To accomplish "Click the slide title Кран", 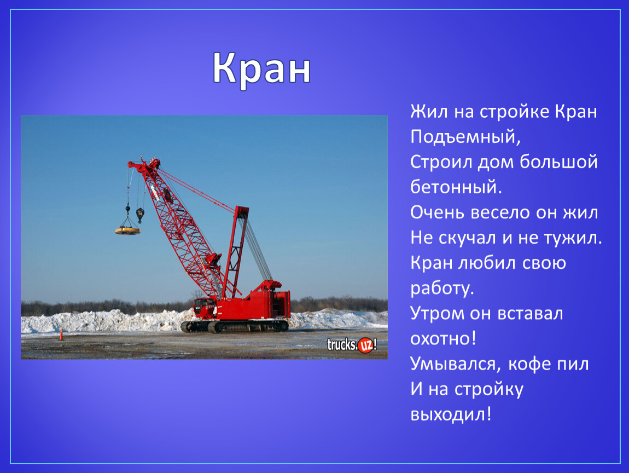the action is click(261, 69).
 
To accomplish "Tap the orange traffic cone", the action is click(61, 334).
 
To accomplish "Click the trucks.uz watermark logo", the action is click(352, 345).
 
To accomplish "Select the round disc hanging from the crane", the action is click(127, 230).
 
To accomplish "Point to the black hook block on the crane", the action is click(140, 215).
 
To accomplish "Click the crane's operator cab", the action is click(205, 307).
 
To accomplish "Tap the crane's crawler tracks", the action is click(235, 326).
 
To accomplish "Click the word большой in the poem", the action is click(558, 162).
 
